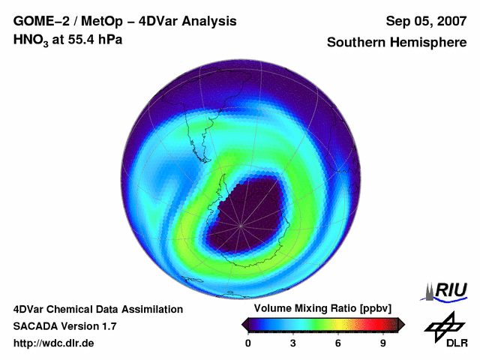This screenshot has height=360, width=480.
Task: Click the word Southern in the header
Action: (x=358, y=43)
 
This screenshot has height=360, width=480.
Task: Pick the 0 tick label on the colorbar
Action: (x=248, y=343)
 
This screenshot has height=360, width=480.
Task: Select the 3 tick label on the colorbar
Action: (x=292, y=343)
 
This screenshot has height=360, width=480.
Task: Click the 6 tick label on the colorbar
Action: (x=338, y=343)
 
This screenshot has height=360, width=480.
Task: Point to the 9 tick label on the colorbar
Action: (x=382, y=343)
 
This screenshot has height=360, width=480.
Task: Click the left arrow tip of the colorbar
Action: (x=244, y=324)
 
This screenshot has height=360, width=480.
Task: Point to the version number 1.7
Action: (x=107, y=326)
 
